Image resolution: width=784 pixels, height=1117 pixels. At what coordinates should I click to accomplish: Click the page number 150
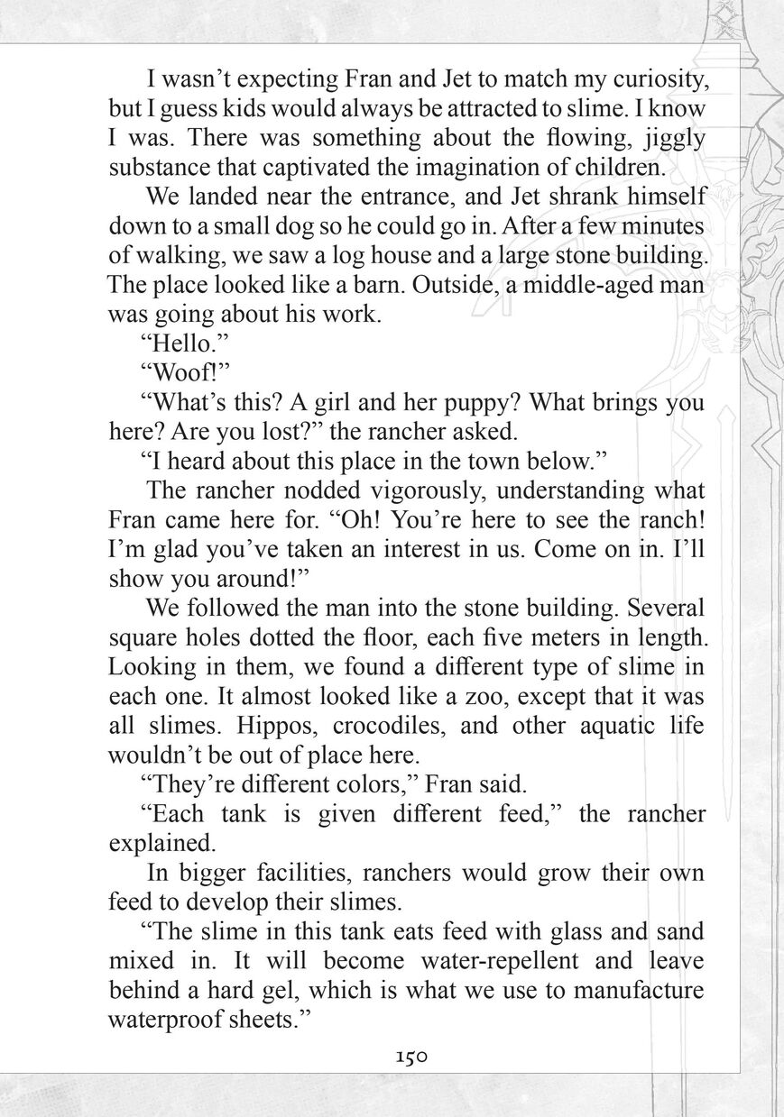coord(410,1057)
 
